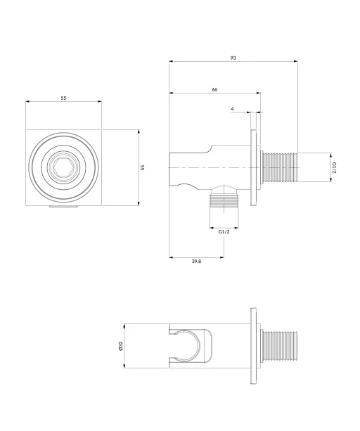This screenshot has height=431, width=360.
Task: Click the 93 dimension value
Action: pyautogui.click(x=233, y=58)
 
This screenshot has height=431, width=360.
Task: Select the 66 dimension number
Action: pyautogui.click(x=214, y=89)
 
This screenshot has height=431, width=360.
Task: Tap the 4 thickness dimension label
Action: pyautogui.click(x=232, y=109)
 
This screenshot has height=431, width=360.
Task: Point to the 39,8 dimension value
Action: pyautogui.click(x=196, y=261)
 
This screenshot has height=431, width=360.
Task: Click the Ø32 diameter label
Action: pyautogui.click(x=120, y=346)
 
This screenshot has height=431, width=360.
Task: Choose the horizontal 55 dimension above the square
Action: pyautogui.click(x=63, y=98)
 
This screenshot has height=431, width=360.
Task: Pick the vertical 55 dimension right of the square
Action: pyautogui.click(x=142, y=167)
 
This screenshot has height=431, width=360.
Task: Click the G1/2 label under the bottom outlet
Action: pyautogui.click(x=224, y=231)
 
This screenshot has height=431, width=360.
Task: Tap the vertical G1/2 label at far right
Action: pyautogui.click(x=334, y=167)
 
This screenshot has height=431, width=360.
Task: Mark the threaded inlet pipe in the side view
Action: pyautogui.click(x=279, y=167)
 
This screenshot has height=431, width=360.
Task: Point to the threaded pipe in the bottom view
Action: pyautogui.click(x=279, y=346)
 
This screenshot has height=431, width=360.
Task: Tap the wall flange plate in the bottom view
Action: pyautogui.click(x=253, y=346)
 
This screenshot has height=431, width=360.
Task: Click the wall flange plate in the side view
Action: pyautogui.click(x=253, y=167)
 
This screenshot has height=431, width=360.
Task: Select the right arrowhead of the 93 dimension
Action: pyautogui.click(x=296, y=61)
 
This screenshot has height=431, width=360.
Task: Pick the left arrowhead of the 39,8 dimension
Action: pyautogui.click(x=171, y=257)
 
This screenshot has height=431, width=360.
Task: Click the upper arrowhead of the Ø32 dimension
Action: pyautogui.click(x=124, y=326)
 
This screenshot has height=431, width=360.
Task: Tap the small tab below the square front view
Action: pyautogui.click(x=63, y=207)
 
